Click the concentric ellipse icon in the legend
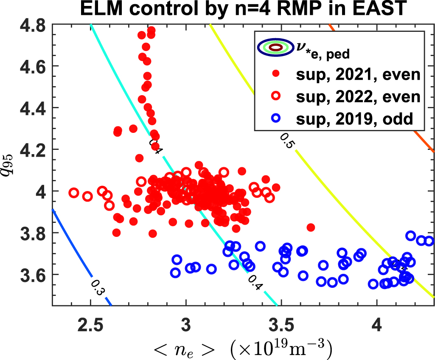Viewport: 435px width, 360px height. (275, 48)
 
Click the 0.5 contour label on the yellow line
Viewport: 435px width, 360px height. (287, 141)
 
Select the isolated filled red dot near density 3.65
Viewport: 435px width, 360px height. (311, 228)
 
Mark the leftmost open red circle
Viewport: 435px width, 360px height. (73, 193)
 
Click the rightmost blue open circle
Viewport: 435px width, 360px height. (429, 241)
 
